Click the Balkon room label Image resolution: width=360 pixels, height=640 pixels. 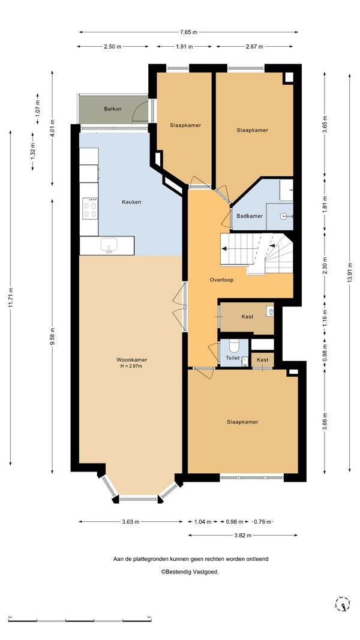click(113, 109)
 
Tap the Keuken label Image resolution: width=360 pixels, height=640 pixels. click(131, 202)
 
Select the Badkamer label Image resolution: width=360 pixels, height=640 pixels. click(250, 216)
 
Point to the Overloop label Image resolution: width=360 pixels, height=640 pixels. click(221, 280)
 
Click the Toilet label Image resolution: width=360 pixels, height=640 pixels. click(233, 358)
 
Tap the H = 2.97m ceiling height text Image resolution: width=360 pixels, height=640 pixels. click(132, 366)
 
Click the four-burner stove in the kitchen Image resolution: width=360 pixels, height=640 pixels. click(90, 208)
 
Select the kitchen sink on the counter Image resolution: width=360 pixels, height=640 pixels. click(109, 245)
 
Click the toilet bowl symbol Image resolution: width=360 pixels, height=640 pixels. click(234, 346)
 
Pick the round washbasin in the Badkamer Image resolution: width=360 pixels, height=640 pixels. click(285, 216)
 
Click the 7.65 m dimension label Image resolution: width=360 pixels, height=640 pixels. click(188, 32)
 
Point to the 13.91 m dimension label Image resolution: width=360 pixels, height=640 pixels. click(350, 273)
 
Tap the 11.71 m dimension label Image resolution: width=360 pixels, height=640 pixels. click(11, 298)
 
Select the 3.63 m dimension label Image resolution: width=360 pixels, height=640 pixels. click(131, 522)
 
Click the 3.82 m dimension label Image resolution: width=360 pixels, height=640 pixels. click(243, 535)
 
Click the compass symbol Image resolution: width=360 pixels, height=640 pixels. click(343, 603)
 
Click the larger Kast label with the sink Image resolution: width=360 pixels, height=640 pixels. click(247, 316)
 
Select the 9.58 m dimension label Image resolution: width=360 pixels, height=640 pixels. click(52, 336)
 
